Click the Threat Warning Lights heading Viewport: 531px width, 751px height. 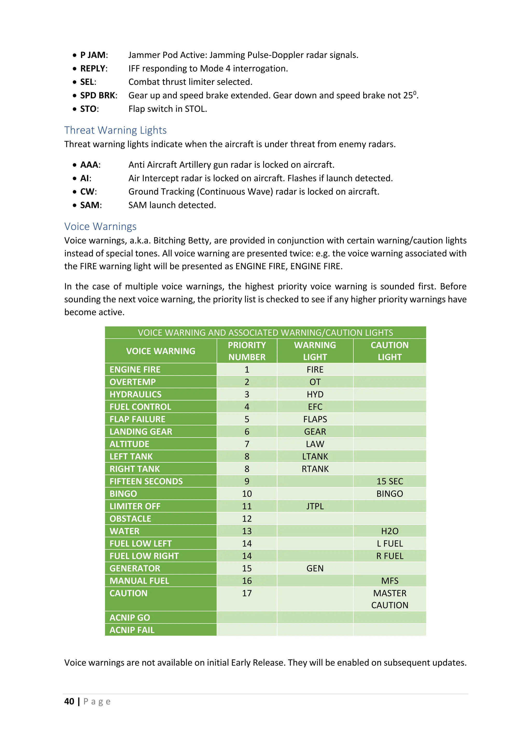[115, 130]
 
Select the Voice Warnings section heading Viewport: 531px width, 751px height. [100, 226]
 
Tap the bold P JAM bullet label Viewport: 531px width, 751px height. [93, 55]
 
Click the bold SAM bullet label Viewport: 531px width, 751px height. [90, 205]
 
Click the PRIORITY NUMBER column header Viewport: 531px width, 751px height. [247, 351]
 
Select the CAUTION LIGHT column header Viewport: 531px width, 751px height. [389, 351]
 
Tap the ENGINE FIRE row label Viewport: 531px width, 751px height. [135, 370]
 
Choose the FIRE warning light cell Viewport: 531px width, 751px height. [315, 370]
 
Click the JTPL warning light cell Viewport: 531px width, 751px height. [315, 506]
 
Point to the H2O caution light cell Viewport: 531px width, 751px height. [389, 531]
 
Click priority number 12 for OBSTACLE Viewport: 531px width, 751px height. [247, 519]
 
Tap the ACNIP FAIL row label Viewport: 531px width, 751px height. [132, 630]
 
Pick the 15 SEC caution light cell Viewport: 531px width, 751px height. [389, 482]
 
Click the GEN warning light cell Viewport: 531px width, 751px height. [315, 568]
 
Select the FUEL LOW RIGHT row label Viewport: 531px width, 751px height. [144, 556]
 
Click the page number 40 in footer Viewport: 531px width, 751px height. [69, 701]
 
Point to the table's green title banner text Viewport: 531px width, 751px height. [265, 333]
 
